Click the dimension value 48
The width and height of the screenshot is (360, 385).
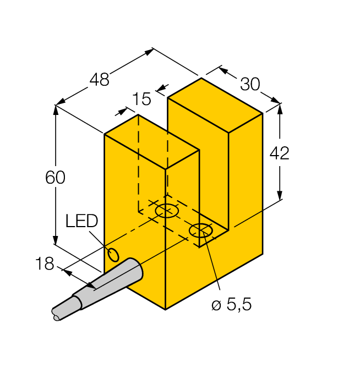(x=100, y=80)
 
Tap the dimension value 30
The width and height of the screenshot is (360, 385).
(x=250, y=84)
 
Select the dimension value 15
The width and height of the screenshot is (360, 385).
(x=141, y=99)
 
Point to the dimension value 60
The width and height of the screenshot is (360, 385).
(x=55, y=178)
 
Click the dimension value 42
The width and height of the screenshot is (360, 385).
(x=279, y=153)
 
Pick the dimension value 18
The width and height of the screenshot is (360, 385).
(x=45, y=264)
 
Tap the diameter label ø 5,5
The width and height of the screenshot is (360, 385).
(x=231, y=305)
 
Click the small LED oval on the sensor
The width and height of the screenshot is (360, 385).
(x=114, y=255)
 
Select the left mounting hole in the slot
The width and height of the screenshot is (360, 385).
(x=167, y=211)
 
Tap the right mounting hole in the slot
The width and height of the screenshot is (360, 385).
(x=200, y=231)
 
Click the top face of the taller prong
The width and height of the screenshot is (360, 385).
(x=215, y=105)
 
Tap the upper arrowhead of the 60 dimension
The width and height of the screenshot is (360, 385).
(x=56, y=109)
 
